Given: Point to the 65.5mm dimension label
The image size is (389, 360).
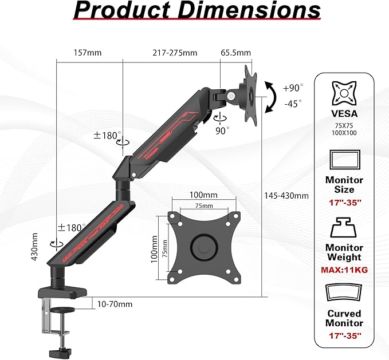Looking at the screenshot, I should tap(235, 53).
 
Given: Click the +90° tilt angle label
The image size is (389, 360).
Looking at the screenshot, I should tap(293, 88).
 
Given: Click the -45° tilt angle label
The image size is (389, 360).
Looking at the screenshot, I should tap(293, 104).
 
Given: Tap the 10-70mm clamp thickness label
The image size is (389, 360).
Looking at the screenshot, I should tap(115, 304).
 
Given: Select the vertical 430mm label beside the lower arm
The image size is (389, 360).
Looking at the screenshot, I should tap(36, 247).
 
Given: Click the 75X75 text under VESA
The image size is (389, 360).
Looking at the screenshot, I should tap(344, 125).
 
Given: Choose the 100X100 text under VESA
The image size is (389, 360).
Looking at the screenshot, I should tap(344, 133).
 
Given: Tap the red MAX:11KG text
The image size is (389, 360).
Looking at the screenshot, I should tap(344, 270).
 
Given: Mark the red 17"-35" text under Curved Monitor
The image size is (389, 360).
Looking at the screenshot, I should tap(344, 335).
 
